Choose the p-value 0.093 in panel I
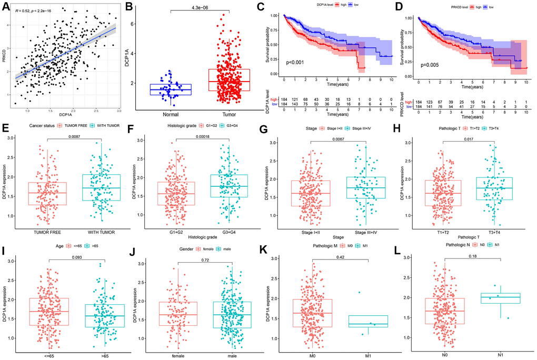point(64,257)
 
